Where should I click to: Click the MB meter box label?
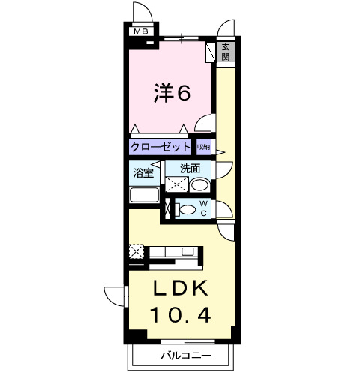[x=141, y=31]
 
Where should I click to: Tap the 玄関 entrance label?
[x=226, y=52]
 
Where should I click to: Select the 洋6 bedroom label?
[x=172, y=92]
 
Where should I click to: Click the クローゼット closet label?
[x=160, y=146]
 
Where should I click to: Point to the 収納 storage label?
[x=203, y=147]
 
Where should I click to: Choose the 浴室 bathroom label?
[x=143, y=173]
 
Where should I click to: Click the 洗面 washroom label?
[x=190, y=169]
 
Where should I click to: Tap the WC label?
[x=203, y=208]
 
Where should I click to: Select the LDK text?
[x=180, y=288]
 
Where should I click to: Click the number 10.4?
[x=180, y=315]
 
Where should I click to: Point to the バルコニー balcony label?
[x=186, y=355]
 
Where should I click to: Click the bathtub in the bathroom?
[x=145, y=195]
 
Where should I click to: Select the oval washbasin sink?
[x=199, y=185]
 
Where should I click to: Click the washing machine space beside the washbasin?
[x=177, y=184]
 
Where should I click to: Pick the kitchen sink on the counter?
[x=187, y=251]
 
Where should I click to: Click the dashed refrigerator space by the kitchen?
[x=136, y=252]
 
